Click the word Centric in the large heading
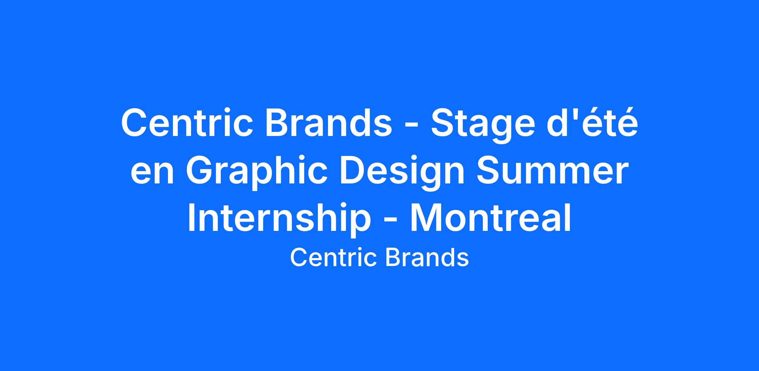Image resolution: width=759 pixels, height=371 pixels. click(187, 123)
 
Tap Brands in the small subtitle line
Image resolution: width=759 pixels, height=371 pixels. click(427, 258)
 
